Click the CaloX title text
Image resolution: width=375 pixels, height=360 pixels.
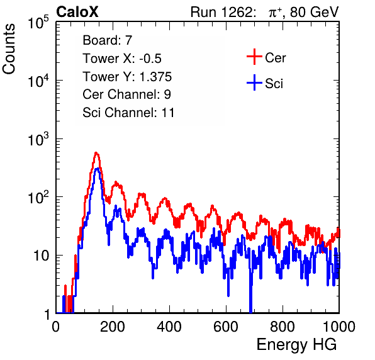(77, 12)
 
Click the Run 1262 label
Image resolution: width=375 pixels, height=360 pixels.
(221, 12)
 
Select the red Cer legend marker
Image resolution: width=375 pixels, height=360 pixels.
(254, 57)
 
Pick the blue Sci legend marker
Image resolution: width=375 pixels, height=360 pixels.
(254, 82)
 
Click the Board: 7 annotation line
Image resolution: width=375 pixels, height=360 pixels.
(108, 40)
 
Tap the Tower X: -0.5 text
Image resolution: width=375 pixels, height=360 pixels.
(122, 59)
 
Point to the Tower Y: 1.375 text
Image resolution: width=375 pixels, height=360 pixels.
(127, 77)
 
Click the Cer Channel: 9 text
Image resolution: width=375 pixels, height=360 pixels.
(126, 94)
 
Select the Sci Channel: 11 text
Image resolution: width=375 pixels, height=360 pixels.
(128, 113)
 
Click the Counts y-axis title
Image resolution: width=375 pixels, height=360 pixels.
(9, 49)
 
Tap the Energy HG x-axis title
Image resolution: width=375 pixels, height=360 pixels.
(296, 344)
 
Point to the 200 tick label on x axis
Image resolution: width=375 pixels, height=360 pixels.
(113, 327)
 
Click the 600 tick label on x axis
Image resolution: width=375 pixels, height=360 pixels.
(226, 327)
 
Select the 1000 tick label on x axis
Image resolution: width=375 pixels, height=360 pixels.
(339, 327)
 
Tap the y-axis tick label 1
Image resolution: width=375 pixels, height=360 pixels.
(47, 314)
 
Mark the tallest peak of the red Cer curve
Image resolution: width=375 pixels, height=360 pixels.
(96, 152)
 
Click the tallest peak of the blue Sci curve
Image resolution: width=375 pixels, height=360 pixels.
(97, 169)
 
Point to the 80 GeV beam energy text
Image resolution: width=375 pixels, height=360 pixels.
(314, 12)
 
